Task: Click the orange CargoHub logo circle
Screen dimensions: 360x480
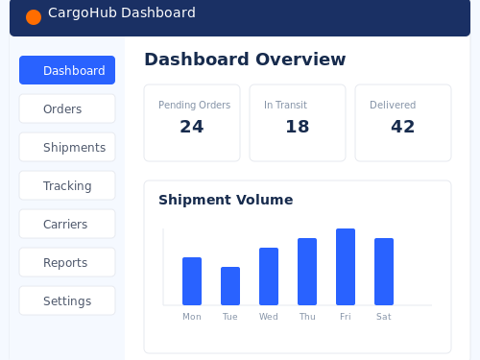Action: pos(34,17)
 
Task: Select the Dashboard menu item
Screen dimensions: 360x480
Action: pos(67,70)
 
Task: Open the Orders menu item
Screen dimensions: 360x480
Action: pos(67,108)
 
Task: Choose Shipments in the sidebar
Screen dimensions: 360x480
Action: pos(67,147)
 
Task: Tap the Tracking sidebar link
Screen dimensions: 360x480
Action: pos(67,185)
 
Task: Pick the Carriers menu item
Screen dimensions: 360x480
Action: pos(67,224)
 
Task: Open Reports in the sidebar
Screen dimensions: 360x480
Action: pos(67,262)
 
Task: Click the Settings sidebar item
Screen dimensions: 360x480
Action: pos(67,300)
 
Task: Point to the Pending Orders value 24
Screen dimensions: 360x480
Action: pos(192,127)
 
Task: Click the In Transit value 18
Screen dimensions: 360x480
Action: pos(298,127)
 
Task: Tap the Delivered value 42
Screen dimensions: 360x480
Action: pos(403,127)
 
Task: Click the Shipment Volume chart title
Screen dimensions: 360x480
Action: pos(226,200)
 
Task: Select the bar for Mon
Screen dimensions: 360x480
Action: pos(192,281)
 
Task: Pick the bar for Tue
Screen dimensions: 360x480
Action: pos(230,286)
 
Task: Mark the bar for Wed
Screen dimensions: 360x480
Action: pos(269,276)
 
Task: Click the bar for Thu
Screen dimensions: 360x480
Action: pos(307,272)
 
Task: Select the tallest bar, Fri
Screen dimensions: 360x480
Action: pos(346,267)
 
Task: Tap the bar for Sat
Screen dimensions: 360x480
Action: pos(384,272)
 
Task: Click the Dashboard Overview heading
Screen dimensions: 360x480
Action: pos(245,60)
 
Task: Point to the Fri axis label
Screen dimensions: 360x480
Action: pos(346,317)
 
